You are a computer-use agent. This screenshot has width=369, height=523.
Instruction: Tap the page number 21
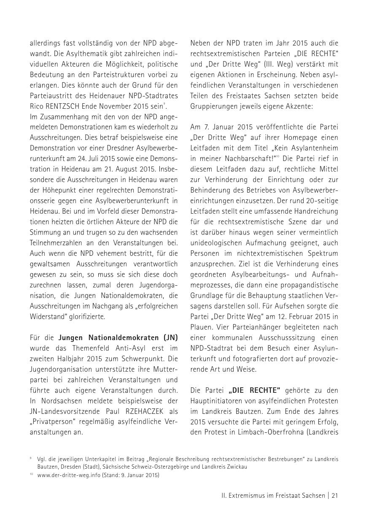click(x=334, y=496)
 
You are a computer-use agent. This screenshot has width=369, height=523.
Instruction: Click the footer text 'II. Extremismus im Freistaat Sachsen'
click(x=267, y=496)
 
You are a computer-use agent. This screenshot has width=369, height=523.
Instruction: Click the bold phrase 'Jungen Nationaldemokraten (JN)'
click(x=118, y=337)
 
